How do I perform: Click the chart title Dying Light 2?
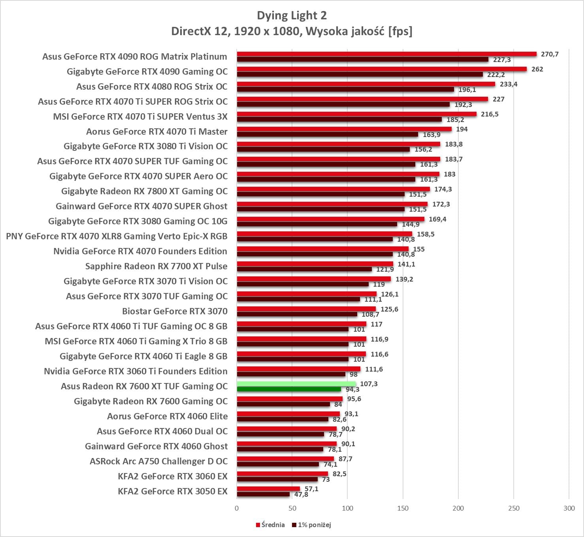point(292,15)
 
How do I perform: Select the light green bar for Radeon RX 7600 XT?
point(296,384)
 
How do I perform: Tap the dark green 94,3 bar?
point(289,389)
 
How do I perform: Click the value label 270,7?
point(550,54)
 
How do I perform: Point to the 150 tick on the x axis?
point(403,508)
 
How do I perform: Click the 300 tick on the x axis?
point(569,508)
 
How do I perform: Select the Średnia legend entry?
point(270,525)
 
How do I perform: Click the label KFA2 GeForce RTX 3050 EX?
point(173,491)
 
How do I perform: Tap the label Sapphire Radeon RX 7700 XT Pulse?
point(156,266)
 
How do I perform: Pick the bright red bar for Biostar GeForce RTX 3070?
point(306,309)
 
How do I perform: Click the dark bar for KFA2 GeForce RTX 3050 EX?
point(263,494)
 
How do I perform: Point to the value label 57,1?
point(311,489)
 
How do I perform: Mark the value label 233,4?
point(509,84)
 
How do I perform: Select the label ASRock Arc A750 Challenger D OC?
point(159,461)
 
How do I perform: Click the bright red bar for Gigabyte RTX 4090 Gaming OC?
point(382,69)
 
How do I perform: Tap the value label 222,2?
point(496,75)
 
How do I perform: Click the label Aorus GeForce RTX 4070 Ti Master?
point(157,131)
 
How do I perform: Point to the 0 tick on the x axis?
point(237,508)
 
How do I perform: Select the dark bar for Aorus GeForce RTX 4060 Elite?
point(283,419)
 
